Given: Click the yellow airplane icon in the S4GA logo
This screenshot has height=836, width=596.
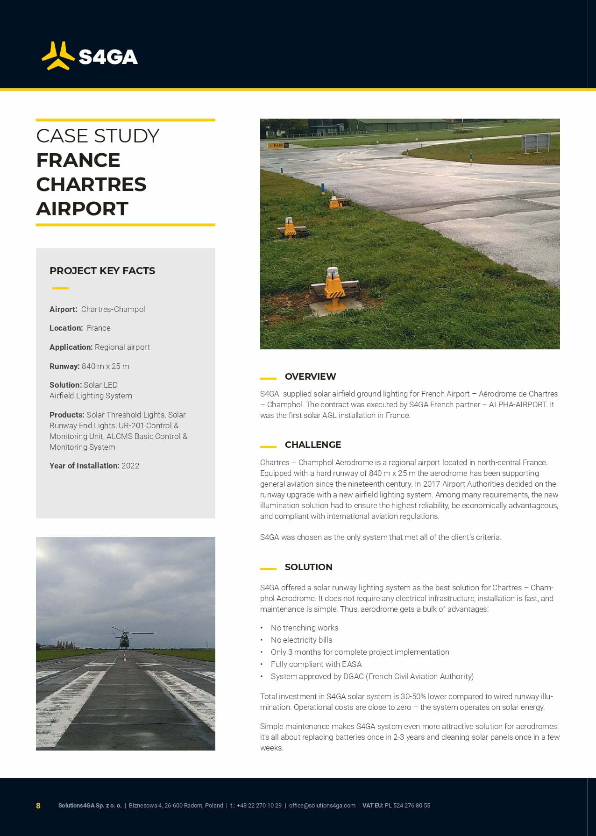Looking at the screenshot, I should [58, 56].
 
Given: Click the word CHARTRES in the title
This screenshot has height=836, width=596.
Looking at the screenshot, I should [91, 184].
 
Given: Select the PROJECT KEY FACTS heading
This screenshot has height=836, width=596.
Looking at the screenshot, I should [102, 271].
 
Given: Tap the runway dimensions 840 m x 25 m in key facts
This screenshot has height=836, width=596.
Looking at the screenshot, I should [106, 366].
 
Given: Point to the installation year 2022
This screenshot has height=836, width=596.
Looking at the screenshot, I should [130, 466].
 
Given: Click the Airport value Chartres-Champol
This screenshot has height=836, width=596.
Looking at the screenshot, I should [113, 309].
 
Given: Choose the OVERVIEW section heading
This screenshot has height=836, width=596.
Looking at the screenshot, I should [310, 376].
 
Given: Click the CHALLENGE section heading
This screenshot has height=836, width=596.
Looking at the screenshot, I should [313, 445].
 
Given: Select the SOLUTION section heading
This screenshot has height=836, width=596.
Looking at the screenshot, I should [309, 567].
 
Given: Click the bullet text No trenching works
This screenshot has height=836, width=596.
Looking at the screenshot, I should [305, 628].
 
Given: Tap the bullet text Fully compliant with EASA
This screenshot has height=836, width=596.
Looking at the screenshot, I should [316, 664].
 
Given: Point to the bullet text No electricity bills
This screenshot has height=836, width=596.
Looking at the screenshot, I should [302, 640].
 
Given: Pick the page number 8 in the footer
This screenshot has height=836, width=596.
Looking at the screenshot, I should [38, 806].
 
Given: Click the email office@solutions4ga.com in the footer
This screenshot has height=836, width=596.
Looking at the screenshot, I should [322, 806].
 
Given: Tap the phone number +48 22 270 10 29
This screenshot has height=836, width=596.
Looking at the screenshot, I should [259, 806].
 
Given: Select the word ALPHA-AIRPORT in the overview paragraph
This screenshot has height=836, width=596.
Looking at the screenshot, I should [518, 404].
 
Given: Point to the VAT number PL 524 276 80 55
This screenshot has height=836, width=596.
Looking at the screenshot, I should [407, 806].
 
